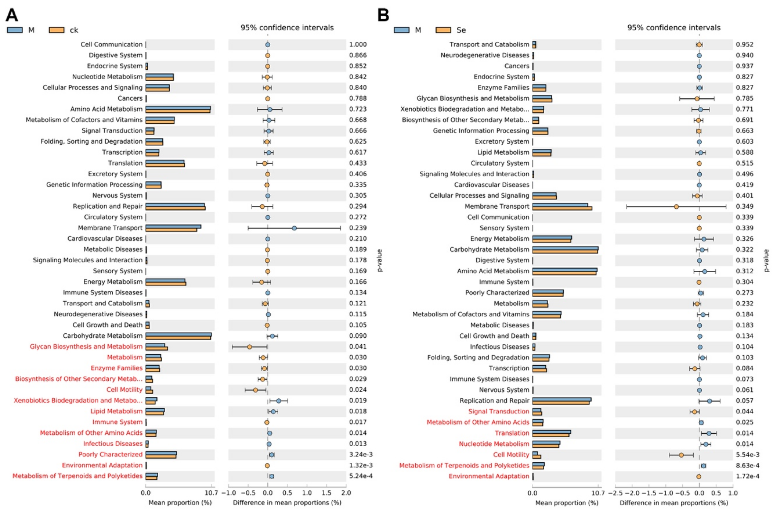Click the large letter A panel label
point(12,15)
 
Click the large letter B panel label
point(383,15)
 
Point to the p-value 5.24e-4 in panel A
point(361,476)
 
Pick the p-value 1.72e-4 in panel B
point(747,476)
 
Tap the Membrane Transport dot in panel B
point(676,207)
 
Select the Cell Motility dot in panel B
point(681,455)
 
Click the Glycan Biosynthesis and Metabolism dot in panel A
point(249,347)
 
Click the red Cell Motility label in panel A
point(124,390)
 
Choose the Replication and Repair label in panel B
point(494,401)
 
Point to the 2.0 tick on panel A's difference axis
point(346,493)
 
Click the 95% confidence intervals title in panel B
point(674,28)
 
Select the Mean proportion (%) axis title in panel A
point(180,502)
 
